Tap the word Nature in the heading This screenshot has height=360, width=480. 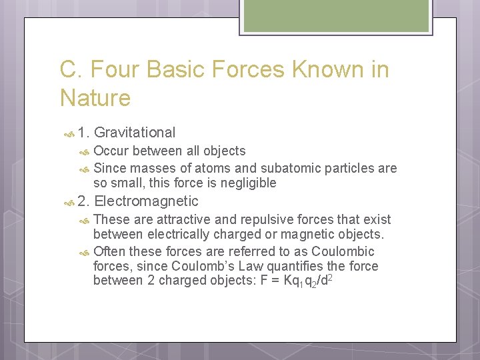95,99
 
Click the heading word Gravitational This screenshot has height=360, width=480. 135,133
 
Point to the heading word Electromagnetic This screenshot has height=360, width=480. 147,201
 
